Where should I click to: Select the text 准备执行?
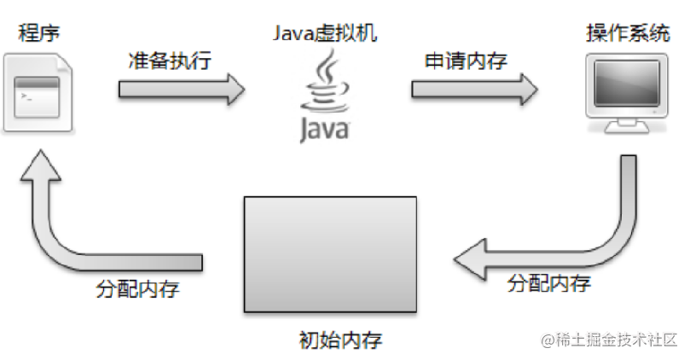tap(169, 61)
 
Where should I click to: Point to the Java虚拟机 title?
tap(324, 33)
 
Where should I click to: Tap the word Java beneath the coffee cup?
tap(324, 129)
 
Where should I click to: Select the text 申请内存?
tap(466, 61)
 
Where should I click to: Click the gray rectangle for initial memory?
tap(330, 253)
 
